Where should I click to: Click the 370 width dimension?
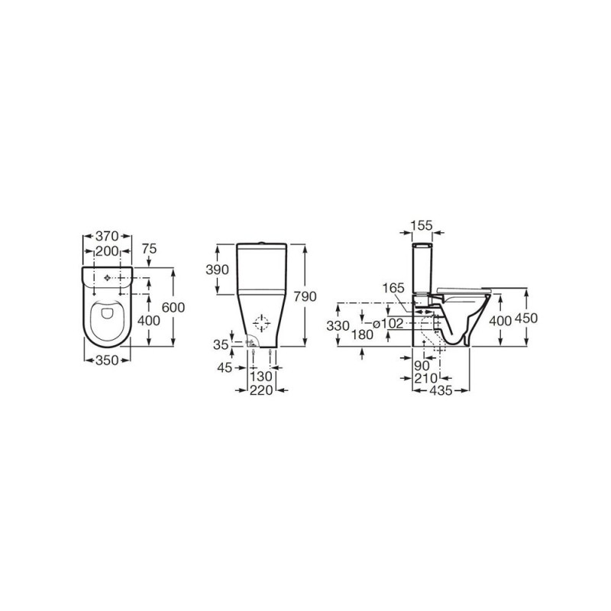coord(107,236)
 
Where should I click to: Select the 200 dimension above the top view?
coord(107,252)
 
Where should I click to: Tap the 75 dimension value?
coord(149,249)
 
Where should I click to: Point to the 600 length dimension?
coord(173,308)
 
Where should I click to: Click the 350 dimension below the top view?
coord(107,360)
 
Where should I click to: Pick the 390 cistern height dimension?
coord(217,270)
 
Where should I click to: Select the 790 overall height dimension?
coord(305,297)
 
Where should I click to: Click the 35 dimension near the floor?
coord(221,344)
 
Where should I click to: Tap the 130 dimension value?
coord(261,377)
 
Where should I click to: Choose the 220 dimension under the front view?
coord(261,390)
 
